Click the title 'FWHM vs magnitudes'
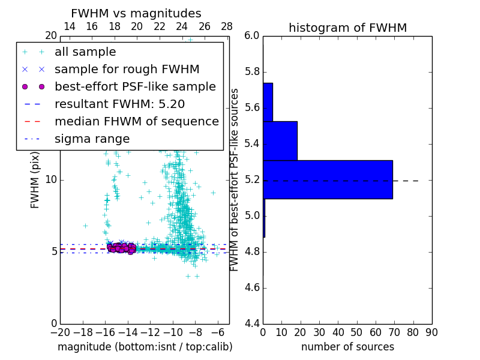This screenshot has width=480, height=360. click(136, 14)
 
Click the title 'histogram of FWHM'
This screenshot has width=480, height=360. click(347, 28)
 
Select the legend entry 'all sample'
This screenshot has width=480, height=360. click(85, 52)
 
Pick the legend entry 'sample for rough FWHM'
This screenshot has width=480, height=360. click(127, 70)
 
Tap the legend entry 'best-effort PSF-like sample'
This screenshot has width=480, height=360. click(135, 86)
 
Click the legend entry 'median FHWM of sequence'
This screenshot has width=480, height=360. click(136, 121)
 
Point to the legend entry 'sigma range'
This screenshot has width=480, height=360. click(92, 139)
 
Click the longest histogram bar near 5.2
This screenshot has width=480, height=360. click(328, 179)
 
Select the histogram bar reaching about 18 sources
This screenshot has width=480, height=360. click(280, 141)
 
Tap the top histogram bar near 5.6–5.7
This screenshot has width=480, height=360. click(268, 102)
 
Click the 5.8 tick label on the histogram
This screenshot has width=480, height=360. click(252, 72)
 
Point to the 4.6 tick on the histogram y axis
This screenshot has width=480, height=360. click(252, 288)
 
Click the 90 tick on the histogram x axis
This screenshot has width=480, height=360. click(431, 332)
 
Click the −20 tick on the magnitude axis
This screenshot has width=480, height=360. click(59, 332)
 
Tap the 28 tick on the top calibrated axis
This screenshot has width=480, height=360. click(227, 27)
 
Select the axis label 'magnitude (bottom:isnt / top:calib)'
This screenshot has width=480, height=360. click(145, 347)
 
